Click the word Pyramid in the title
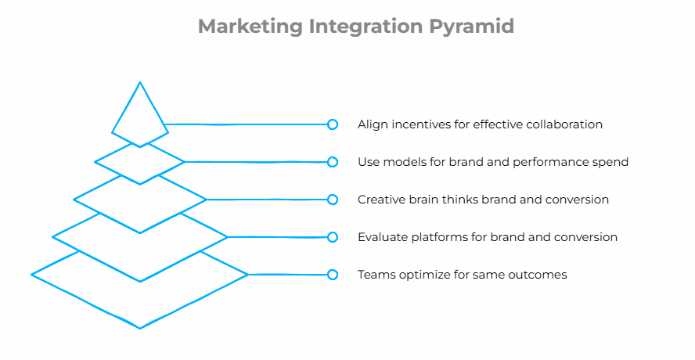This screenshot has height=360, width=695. coord(472,27)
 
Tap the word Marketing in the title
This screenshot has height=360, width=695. coord(250,27)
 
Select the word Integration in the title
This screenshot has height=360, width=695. coord(366,27)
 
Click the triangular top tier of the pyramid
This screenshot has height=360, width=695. coord(140,133)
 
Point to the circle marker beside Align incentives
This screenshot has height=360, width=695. coord(333,124)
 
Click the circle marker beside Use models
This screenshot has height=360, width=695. coord(333,162)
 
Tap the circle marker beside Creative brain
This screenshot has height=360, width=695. coord(333,200)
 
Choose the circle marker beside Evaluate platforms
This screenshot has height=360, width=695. coord(333,237)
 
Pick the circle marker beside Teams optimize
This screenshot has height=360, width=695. coord(333,275)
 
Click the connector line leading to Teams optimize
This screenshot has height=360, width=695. coord(287,275)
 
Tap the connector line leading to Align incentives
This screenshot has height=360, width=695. coord(246,124)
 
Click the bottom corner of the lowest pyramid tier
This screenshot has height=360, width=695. coord(140,329)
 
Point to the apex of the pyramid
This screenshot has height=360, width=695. coord(140,82)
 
